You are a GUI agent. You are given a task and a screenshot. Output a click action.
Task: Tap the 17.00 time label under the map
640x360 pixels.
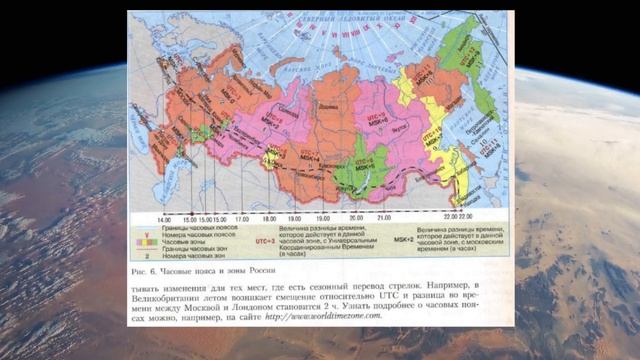[241, 218]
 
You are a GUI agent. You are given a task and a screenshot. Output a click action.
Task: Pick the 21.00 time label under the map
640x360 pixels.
[382, 218]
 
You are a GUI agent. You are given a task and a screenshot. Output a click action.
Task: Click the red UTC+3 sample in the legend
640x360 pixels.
[264, 240]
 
